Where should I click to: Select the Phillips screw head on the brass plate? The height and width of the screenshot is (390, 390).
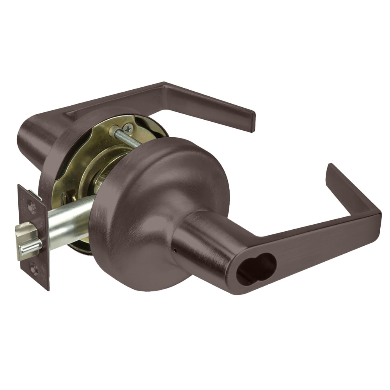pyautogui.click(x=128, y=127)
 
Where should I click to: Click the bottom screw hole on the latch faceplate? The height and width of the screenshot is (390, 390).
pyautogui.click(x=35, y=268)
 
